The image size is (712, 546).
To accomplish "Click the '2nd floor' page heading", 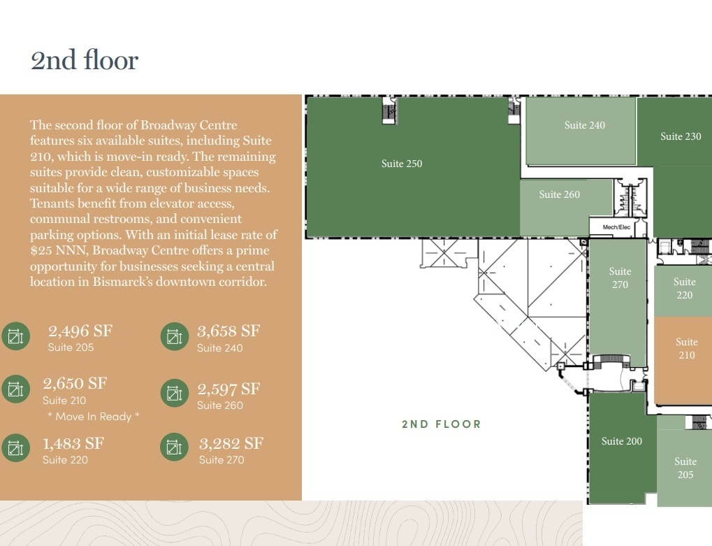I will click(x=85, y=60).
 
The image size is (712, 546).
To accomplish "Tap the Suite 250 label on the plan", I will click(x=402, y=164).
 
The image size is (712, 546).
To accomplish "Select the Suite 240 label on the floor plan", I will click(x=585, y=125).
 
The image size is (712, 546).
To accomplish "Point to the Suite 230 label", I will click(x=681, y=136).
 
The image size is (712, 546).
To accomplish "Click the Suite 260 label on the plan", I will click(x=559, y=194).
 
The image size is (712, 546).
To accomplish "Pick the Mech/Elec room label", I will click(x=616, y=227).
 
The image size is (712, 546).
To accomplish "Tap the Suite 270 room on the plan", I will click(x=619, y=278).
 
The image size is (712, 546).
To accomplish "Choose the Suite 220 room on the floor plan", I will click(x=684, y=288).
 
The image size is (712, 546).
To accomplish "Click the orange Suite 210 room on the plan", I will click(x=686, y=348).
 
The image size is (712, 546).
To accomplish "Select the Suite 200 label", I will click(x=621, y=441).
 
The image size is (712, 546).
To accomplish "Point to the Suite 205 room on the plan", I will click(x=685, y=468).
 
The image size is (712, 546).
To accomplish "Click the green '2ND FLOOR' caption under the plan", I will click(x=442, y=424).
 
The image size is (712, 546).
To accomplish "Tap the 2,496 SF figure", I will click(x=80, y=331).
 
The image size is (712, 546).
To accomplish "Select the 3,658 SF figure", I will click(x=228, y=331).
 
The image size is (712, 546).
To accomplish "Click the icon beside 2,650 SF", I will click(x=15, y=389).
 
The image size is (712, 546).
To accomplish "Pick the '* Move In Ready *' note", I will click(x=94, y=417).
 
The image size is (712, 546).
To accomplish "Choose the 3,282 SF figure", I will click(x=231, y=443).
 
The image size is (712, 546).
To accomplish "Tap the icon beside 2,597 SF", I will click(x=174, y=394).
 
